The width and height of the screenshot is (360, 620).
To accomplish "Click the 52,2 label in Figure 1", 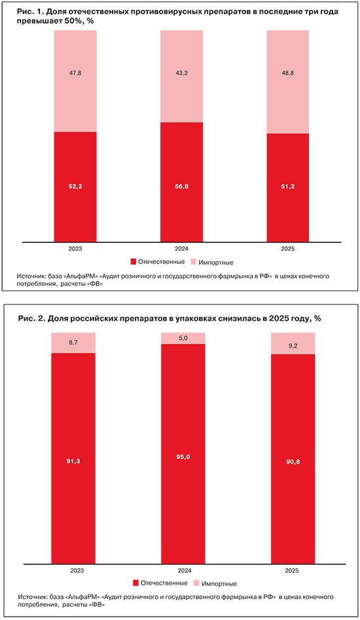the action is tap(75, 187).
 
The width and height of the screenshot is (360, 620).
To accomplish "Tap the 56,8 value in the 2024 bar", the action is tap(181, 187).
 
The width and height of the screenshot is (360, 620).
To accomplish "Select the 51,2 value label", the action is tap(288, 187).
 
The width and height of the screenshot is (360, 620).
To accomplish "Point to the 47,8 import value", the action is tap(75, 73).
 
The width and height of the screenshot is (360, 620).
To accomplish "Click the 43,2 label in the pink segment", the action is tap(181, 73).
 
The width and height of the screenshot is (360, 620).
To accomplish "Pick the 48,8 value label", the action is tap(288, 73).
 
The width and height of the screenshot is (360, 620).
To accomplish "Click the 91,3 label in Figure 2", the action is tap(73, 461).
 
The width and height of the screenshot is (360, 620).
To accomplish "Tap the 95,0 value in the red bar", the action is tap(183, 457).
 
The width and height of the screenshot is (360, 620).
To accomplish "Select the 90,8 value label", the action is tap(293, 462).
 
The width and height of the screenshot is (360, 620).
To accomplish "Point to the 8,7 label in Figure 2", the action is tap(73, 343).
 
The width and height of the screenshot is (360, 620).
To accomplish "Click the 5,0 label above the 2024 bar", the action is tap(183, 338).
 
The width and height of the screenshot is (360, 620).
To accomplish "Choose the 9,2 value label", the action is tap(293, 346).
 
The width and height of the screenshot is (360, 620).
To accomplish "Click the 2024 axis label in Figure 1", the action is tap(181, 249).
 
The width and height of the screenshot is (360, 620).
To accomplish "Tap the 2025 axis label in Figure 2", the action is tap(292, 571).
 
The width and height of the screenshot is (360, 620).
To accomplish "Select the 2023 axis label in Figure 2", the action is tap(77, 571).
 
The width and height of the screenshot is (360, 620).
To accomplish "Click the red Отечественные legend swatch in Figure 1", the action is tap(133, 262).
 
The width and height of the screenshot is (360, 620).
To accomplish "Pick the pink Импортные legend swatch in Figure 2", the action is tap(196, 583).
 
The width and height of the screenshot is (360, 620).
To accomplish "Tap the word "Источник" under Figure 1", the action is tap(30, 276).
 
